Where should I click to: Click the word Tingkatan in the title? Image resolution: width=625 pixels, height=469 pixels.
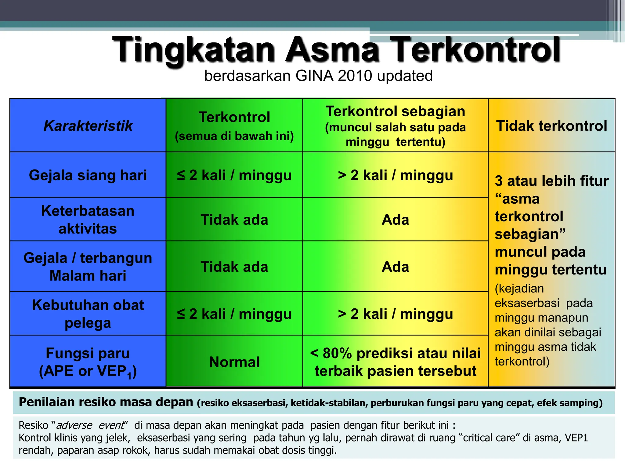[x=194, y=50]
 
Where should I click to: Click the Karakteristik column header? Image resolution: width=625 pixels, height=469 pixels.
[x=88, y=126]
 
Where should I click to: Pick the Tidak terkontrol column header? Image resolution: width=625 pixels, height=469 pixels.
[x=551, y=126]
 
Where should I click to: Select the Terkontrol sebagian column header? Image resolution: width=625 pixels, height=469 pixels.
[x=395, y=111]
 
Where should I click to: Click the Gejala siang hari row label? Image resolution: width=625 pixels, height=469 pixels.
[x=88, y=175]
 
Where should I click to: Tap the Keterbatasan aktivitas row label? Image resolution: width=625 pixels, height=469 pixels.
[x=88, y=220]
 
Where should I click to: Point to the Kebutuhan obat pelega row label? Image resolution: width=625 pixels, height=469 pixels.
[x=88, y=314]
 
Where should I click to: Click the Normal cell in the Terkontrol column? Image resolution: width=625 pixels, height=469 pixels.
[x=234, y=362]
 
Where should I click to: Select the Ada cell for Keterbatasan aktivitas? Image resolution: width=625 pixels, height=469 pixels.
[x=395, y=220]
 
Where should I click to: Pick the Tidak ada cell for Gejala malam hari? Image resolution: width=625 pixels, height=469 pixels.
[x=234, y=267]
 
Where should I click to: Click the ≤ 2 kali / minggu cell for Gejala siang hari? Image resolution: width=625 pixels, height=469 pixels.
[x=234, y=175]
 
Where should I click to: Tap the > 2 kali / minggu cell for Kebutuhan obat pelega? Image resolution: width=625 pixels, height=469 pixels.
[x=395, y=314]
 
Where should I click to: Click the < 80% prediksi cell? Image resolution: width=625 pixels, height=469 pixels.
[x=395, y=362]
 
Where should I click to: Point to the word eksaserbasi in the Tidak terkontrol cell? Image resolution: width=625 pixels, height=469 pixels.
[x=527, y=303]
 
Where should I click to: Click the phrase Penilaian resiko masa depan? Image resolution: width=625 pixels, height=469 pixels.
[x=106, y=402]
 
